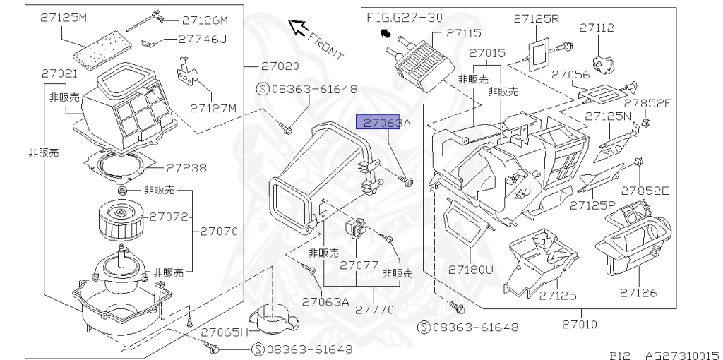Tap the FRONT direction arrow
[300, 28]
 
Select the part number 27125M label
[64, 17]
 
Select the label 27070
[219, 231]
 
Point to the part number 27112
[597, 28]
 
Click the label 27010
[580, 325]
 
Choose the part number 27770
[374, 309]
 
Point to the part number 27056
[570, 74]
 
